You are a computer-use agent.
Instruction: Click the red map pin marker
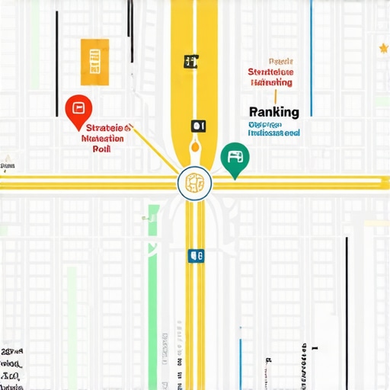coord(76,111)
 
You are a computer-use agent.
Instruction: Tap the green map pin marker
coord(235,158)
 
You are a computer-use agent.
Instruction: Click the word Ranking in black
coord(273,112)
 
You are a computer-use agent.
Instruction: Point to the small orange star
coord(383,49)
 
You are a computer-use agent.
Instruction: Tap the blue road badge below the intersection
coord(197,257)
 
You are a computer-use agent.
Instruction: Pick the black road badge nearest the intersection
coord(198,125)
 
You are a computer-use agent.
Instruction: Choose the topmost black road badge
coord(190,60)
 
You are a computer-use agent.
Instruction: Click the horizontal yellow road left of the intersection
coord(84,182)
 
